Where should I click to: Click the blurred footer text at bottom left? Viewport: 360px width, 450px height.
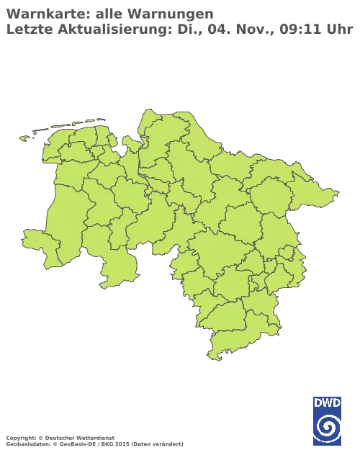[94, 437]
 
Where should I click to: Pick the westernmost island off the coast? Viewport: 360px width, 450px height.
[27, 137]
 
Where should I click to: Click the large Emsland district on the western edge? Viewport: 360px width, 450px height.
[68, 209]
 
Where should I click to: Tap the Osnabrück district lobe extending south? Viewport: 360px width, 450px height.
[115, 270]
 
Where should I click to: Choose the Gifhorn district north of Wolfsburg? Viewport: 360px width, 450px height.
[277, 230]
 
